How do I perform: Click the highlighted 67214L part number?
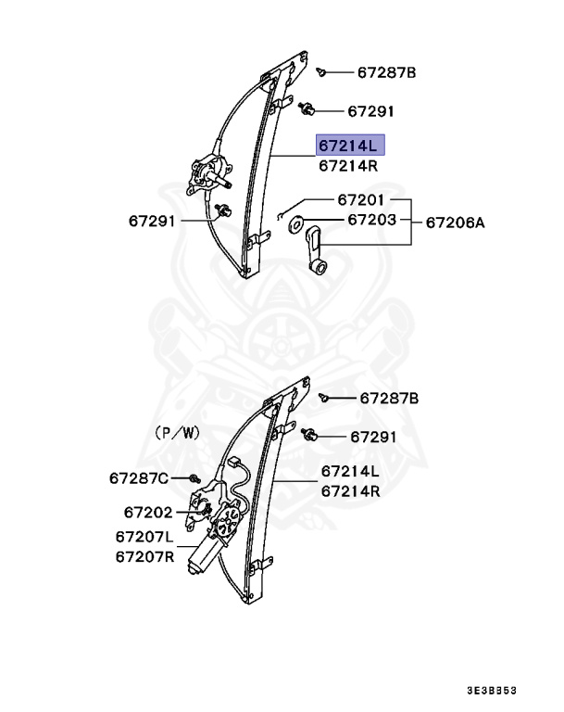click(348, 146)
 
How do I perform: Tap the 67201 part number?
click(360, 200)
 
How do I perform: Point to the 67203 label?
click(371, 221)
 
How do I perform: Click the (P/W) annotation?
click(177, 432)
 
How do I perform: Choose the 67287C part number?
click(139, 478)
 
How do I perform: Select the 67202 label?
click(147, 511)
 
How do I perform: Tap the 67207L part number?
click(144, 537)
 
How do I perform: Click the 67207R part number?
click(144, 556)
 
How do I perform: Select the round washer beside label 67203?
click(298, 222)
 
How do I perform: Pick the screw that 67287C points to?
click(193, 478)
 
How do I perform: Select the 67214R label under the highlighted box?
click(348, 167)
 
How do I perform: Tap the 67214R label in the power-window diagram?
click(351, 491)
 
